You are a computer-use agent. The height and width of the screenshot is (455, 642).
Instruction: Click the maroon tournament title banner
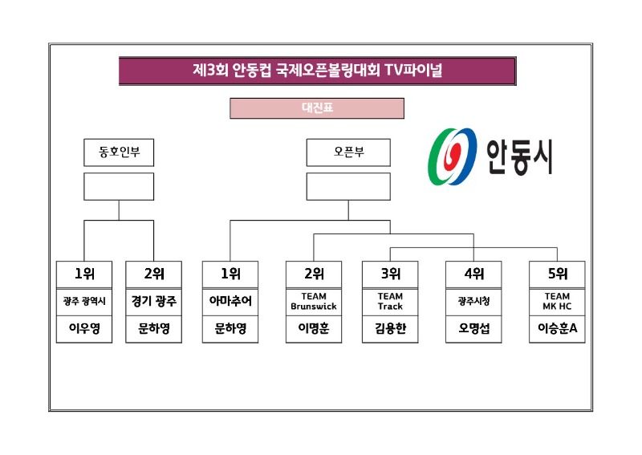[317, 71]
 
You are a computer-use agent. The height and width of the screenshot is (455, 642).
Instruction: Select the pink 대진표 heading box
[317, 108]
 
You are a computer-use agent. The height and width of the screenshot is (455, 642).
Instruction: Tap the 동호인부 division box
[119, 152]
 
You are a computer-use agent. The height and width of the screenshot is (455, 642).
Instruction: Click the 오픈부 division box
[348, 152]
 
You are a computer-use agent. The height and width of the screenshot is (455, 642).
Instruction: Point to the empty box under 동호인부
[119, 186]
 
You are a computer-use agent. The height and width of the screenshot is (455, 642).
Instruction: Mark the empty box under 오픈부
[348, 186]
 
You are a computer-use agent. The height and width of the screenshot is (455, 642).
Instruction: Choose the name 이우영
[84, 328]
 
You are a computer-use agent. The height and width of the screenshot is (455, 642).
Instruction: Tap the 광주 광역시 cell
[84, 302]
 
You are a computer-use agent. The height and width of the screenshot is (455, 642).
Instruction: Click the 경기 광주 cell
[154, 302]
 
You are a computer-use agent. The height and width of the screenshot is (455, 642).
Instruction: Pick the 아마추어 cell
[230, 302]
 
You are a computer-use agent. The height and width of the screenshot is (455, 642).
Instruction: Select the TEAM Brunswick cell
[314, 302]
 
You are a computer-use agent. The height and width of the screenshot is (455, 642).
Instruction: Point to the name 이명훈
[314, 328]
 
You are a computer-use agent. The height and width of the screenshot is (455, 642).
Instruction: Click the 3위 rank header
[390, 274]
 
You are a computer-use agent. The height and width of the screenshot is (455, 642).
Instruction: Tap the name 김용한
[390, 328]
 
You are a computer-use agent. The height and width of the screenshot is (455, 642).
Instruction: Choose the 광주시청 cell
[473, 302]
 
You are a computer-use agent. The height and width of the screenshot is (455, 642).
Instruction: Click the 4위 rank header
[473, 274]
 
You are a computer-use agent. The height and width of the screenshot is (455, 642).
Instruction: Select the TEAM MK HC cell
[557, 302]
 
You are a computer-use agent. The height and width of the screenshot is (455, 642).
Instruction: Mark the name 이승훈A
[557, 328]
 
